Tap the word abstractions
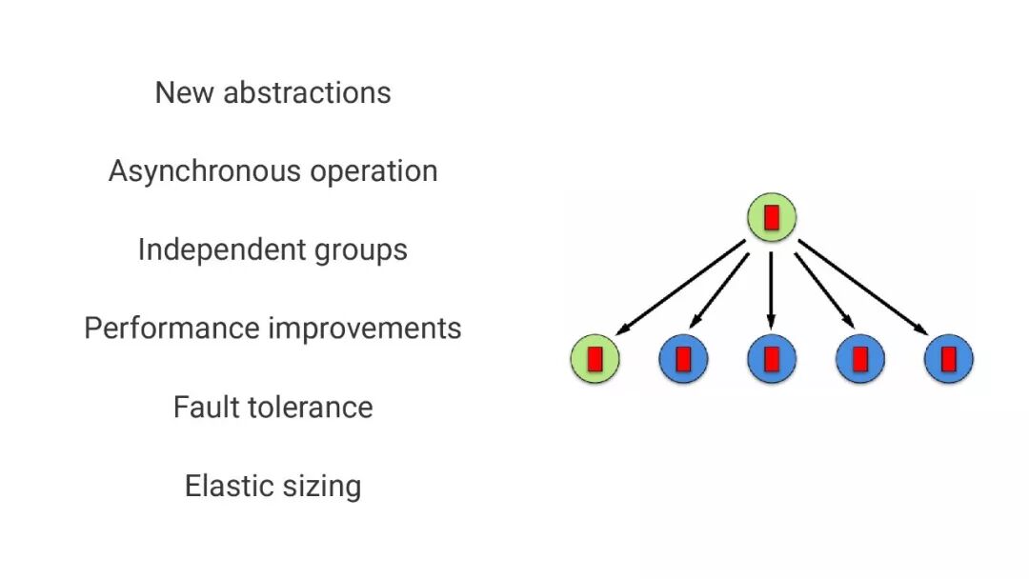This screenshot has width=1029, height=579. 307,92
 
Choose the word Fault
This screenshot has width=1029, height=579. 201,407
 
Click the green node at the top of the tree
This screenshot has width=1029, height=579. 772,217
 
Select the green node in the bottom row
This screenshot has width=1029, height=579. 595,359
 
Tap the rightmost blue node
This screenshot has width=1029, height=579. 949,359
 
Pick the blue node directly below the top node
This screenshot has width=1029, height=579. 772,359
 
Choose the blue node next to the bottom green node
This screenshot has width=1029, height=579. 683,359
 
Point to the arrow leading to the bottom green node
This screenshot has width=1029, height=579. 680,288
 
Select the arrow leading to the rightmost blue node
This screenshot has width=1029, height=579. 863,288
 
